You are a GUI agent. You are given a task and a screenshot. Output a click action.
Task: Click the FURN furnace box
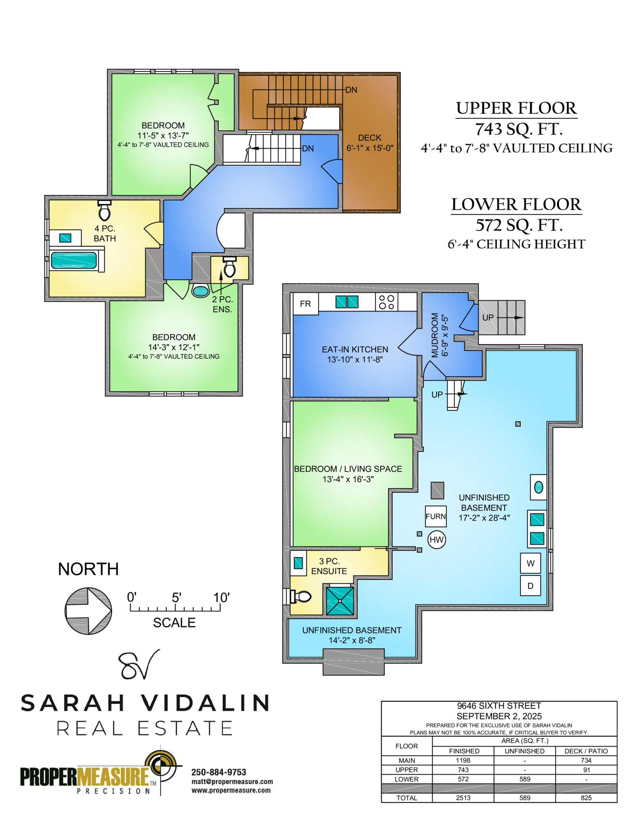click(436, 516)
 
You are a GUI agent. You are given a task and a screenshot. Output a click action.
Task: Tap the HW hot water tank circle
click(436, 540)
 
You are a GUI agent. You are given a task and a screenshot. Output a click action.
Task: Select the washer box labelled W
click(531, 563)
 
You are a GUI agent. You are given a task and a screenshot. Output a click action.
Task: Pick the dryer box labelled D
click(531, 585)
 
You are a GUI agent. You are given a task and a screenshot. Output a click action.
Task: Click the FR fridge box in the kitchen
click(305, 304)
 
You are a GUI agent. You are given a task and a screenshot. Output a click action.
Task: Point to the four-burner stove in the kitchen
click(386, 302)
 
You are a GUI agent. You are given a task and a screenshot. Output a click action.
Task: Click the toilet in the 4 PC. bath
click(105, 211)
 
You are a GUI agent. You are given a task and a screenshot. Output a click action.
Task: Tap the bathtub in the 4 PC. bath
click(74, 260)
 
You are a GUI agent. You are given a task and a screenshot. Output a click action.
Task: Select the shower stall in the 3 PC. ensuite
click(340, 601)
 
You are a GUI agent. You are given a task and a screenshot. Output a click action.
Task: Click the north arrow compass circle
click(88, 611)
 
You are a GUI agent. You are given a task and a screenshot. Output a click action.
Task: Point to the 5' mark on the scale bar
click(176, 597)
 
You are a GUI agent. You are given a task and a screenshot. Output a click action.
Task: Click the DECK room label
click(370, 138)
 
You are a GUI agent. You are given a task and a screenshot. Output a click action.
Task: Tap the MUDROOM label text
click(434, 335)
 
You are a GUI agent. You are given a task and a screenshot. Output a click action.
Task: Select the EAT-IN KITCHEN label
click(355, 349)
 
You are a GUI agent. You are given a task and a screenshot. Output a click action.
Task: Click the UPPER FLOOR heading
click(516, 108)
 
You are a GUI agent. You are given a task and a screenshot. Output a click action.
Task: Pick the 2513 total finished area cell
click(463, 798)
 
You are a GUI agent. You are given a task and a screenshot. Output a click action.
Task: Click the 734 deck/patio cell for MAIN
click(586, 760)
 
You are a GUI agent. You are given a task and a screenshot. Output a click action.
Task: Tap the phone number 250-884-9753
click(219, 772)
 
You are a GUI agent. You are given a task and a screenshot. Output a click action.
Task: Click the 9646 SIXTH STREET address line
click(499, 706)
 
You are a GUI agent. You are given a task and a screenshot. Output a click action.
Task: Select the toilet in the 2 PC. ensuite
click(230, 267)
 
